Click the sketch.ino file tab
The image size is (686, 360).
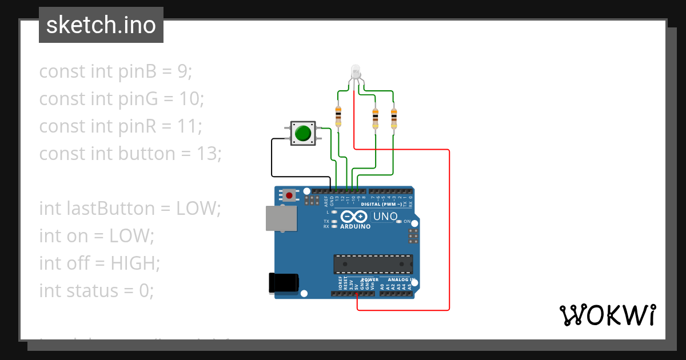coord(101,25)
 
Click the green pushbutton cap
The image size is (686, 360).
coord(302,133)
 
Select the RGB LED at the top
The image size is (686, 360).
coord(355,72)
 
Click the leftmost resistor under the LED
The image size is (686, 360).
coord(338,116)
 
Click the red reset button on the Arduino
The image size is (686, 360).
coord(289,195)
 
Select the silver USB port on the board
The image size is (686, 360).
coord(281,218)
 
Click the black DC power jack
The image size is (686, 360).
coord(284,282)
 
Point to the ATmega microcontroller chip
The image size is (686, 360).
coord(373,264)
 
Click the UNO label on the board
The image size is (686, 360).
coord(385,217)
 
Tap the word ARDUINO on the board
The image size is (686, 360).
coord(356,227)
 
